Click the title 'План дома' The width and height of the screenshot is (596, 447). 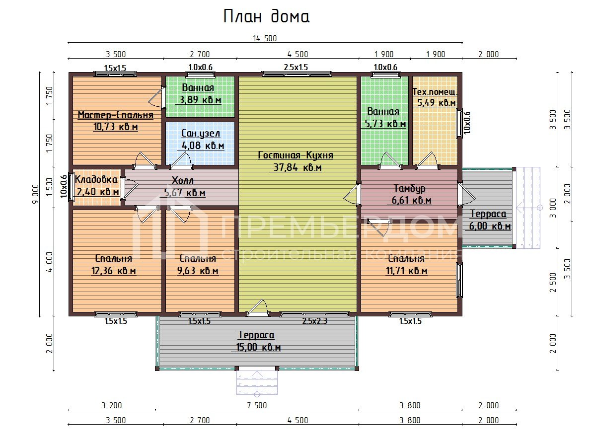266,16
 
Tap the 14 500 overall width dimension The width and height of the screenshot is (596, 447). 265,39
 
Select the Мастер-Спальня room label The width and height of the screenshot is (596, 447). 115,115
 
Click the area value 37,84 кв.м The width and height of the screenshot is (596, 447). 298,167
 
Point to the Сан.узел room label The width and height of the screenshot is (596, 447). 201,133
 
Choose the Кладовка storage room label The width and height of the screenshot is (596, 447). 96,179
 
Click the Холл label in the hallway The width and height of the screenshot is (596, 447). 183,180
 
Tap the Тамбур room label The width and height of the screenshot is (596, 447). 409,188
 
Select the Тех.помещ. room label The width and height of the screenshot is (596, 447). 435,92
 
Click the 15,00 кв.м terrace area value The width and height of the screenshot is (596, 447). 258,347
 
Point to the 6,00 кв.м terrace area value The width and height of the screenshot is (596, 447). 490,226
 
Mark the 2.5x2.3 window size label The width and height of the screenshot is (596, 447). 315,321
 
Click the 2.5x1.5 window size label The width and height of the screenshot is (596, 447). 296,67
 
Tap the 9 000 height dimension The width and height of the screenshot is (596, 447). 36,194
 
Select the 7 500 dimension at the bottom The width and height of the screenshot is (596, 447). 257,405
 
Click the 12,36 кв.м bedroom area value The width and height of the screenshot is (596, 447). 114,271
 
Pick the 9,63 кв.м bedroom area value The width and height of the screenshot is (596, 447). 198,271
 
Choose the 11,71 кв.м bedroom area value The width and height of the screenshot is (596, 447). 406,271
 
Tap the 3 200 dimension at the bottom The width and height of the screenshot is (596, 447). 112,405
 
